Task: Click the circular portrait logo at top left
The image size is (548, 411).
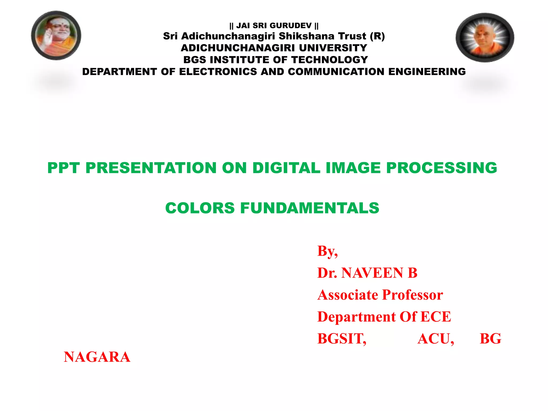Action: [56, 35]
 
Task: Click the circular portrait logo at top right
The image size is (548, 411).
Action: [485, 37]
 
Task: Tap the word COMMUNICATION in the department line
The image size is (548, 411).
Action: [336, 72]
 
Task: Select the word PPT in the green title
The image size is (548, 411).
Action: [63, 168]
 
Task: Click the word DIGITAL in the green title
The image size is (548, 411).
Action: [286, 168]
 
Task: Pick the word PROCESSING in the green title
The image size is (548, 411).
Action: [442, 168]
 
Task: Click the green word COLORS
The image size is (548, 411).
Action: [200, 208]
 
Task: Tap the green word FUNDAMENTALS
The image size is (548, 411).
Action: [310, 208]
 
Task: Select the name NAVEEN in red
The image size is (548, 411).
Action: [372, 273]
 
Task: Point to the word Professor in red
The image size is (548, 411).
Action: [412, 295]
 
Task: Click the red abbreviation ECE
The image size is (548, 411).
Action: [436, 317]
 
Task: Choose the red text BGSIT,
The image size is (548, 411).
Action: [342, 339]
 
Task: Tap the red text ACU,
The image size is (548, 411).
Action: [436, 339]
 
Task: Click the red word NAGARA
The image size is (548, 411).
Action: [97, 357]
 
